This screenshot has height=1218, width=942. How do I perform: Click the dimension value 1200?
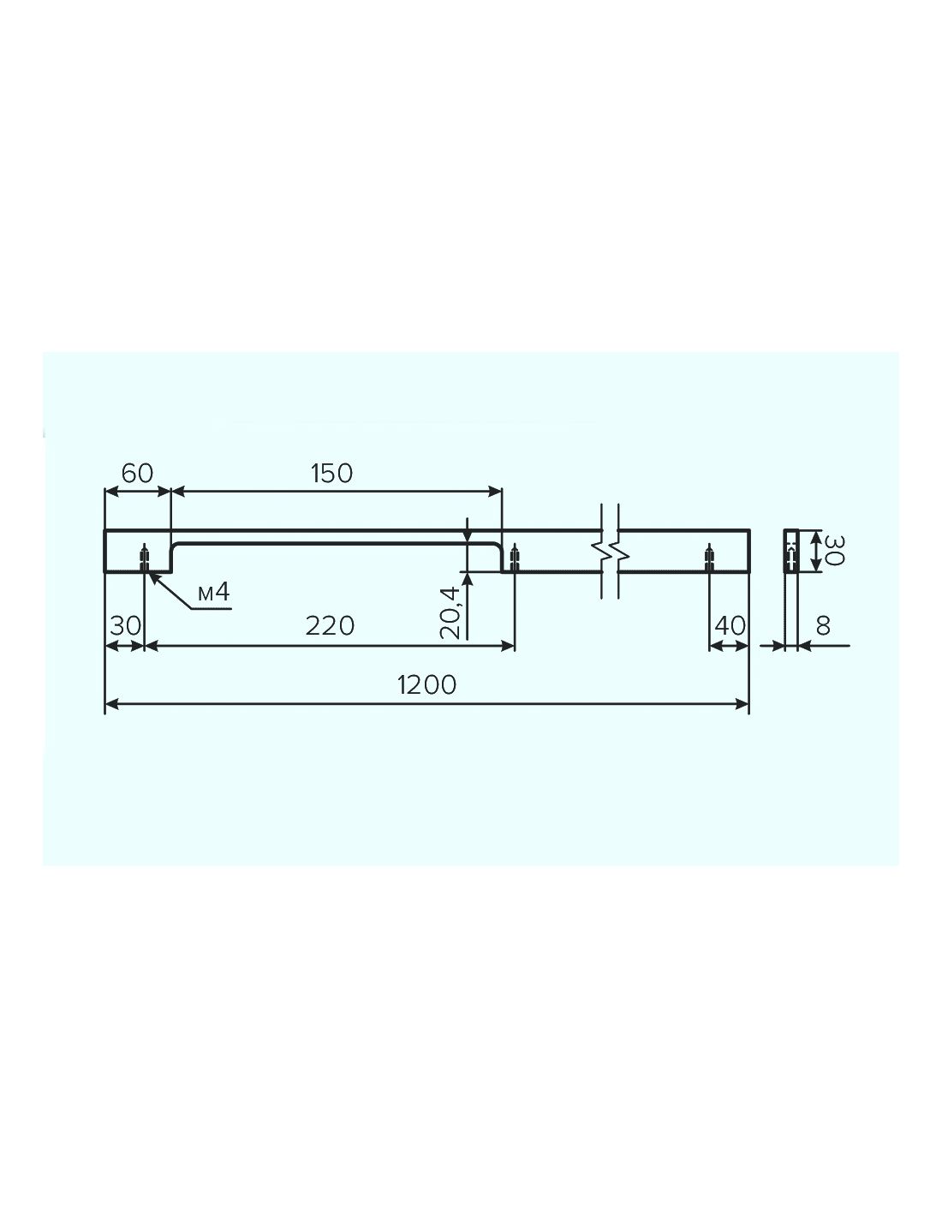tap(426, 684)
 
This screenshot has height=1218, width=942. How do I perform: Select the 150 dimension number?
tap(331, 474)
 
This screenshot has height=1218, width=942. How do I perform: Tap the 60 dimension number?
tap(137, 474)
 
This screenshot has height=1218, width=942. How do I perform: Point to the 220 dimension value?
tap(330, 626)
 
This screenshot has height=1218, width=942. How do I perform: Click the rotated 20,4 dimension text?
tap(450, 612)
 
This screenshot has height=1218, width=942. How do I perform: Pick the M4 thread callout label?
tap(214, 593)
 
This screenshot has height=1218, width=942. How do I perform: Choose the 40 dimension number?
tap(730, 626)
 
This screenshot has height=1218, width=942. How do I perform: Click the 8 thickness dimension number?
tap(823, 626)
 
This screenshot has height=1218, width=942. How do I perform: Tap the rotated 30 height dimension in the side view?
tap(834, 551)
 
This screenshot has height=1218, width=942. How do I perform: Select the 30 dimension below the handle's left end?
tap(125, 626)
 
